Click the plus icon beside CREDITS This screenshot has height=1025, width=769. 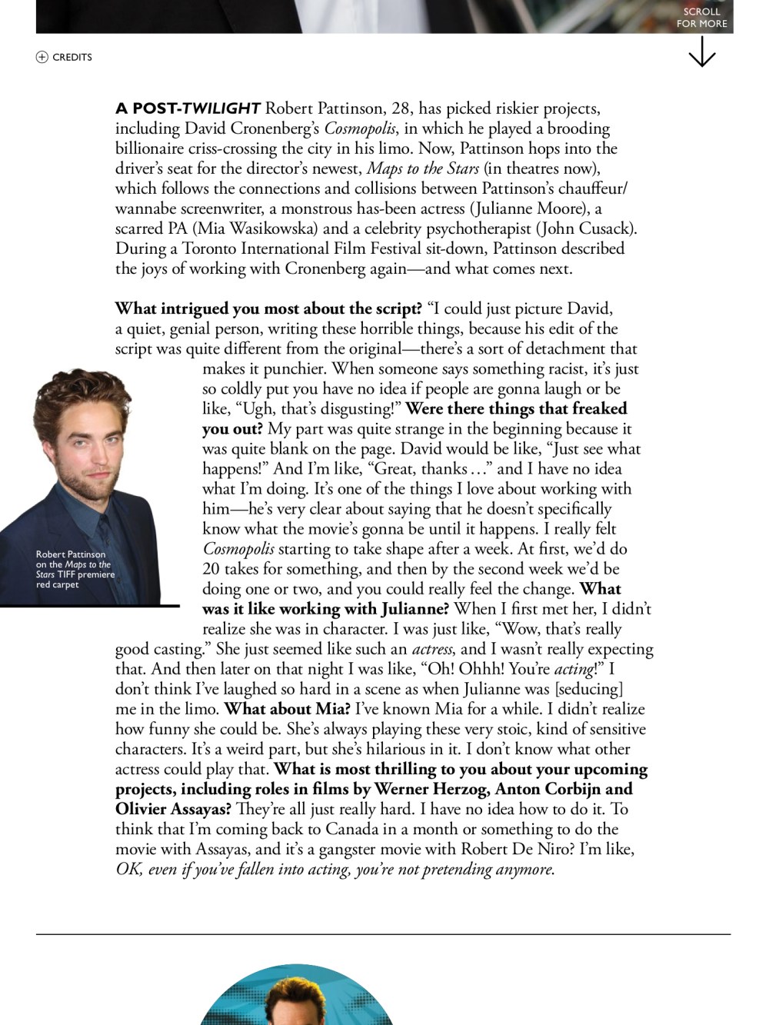click(42, 57)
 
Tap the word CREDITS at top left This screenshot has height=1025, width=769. click(72, 57)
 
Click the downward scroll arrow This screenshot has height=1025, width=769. click(702, 52)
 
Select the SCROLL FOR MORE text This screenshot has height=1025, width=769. click(701, 18)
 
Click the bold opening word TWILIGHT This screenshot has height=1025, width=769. click(221, 108)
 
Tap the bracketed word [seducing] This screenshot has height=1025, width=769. click(589, 689)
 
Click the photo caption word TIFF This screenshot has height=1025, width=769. click(66, 574)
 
